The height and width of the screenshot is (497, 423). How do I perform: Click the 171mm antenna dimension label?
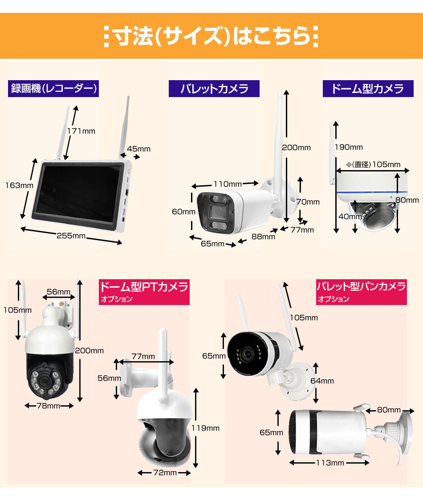81,131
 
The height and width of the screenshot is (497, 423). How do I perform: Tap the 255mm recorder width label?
71,236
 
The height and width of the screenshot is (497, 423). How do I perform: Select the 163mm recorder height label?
19,185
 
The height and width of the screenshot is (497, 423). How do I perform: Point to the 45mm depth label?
139,149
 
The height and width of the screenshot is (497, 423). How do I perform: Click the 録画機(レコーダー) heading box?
53,89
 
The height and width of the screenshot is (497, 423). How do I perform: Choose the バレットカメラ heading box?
214,89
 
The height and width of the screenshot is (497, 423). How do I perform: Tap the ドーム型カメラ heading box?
368,89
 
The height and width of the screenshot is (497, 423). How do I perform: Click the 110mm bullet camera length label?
228,184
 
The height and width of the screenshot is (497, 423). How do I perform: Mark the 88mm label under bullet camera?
263,236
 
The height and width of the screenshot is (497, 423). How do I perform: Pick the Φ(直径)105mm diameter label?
373,164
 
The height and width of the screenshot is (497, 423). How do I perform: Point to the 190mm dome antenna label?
349,147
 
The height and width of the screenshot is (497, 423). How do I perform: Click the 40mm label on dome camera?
350,216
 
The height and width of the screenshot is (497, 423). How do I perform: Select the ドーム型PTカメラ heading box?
144,292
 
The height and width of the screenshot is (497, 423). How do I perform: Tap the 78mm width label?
49,406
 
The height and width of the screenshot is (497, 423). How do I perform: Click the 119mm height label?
205,428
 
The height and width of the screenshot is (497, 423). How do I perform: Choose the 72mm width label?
165,473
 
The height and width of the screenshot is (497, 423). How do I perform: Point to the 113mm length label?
330,463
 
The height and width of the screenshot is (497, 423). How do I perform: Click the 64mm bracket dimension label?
322,381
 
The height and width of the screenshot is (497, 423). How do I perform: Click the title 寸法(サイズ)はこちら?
211,36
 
